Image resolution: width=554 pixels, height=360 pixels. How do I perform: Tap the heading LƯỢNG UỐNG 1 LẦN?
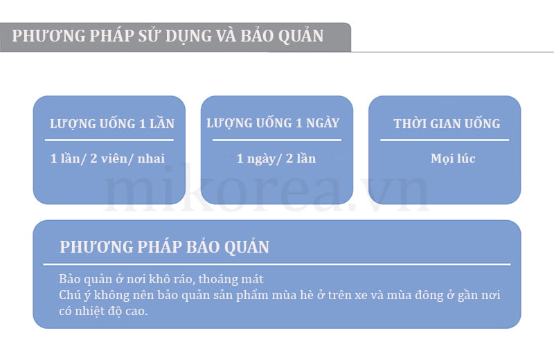pyautogui.click(x=112, y=123)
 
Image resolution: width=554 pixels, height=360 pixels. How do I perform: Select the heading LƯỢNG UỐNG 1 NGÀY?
pyautogui.click(x=273, y=123)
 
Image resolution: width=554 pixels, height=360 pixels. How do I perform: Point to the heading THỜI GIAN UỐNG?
pyautogui.click(x=447, y=123)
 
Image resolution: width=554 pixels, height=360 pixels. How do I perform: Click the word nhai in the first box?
pyautogui.click(x=151, y=159)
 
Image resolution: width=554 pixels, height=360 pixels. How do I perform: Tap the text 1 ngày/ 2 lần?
pyautogui.click(x=276, y=159)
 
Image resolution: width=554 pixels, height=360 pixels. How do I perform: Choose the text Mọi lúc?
pyautogui.click(x=453, y=159)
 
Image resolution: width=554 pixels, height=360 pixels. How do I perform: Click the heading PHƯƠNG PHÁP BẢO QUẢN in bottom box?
pyautogui.click(x=164, y=246)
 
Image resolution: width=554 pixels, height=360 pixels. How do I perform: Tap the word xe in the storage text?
pyautogui.click(x=361, y=295)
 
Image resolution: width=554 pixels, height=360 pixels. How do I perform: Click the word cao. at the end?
pyautogui.click(x=136, y=311)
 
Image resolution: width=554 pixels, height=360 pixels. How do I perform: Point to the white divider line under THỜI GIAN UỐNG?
pyautogui.click(x=445, y=141)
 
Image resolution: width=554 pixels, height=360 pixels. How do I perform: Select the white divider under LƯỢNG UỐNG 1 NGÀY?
pyautogui.click(x=276, y=141)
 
